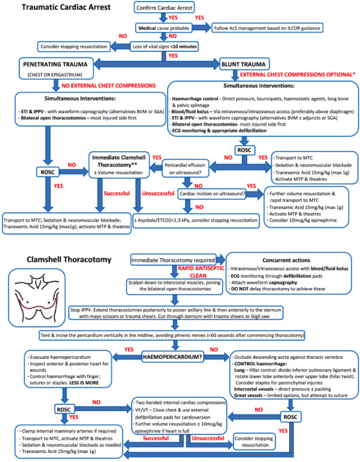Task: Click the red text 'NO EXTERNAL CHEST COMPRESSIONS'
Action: click(109, 86)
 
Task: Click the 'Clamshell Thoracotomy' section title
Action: click(68, 259)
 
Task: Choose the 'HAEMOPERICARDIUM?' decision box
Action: click(176, 355)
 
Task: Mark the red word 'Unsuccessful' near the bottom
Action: click(208, 438)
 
